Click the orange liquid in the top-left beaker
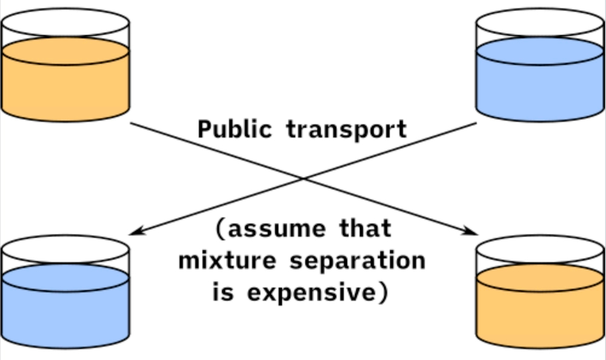[x=65, y=85]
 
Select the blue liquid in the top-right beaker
[x=539, y=85]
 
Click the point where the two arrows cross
[x=303, y=178]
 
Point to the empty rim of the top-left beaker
[x=65, y=24]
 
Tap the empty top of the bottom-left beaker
[x=65, y=250]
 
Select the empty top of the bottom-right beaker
[x=539, y=250]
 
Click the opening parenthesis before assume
[x=221, y=230]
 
